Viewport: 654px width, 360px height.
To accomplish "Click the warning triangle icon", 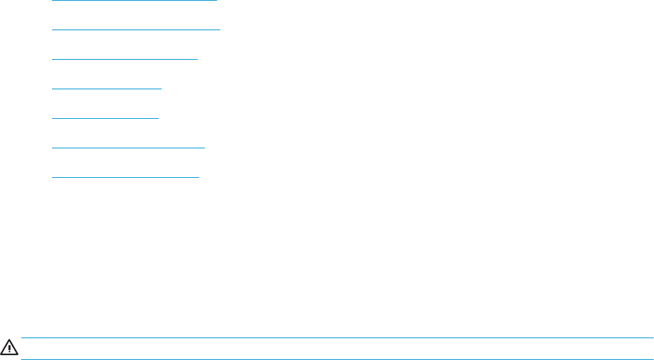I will pyautogui.click(x=10, y=347).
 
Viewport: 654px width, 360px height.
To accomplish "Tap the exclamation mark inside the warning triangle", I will pyautogui.click(x=10, y=348).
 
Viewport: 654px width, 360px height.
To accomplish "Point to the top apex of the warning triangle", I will pyautogui.click(x=10, y=341).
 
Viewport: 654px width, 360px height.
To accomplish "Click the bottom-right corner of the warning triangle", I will pyautogui.click(x=17, y=353).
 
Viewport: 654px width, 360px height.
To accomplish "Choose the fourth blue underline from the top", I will pyautogui.click(x=107, y=89).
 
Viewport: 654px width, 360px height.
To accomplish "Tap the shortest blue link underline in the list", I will pyautogui.click(x=105, y=118).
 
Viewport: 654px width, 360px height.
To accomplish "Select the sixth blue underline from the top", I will pyautogui.click(x=129, y=148).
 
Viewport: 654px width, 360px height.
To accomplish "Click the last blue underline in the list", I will pyautogui.click(x=126, y=177).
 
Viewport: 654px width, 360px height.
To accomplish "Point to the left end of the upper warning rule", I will pyautogui.click(x=23, y=338).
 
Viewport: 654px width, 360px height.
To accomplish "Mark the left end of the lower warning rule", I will pyautogui.click(x=23, y=359).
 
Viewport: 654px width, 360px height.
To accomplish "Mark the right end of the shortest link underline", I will pyautogui.click(x=159, y=118).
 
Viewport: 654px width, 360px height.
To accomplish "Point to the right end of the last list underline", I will pyautogui.click(x=199, y=177).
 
